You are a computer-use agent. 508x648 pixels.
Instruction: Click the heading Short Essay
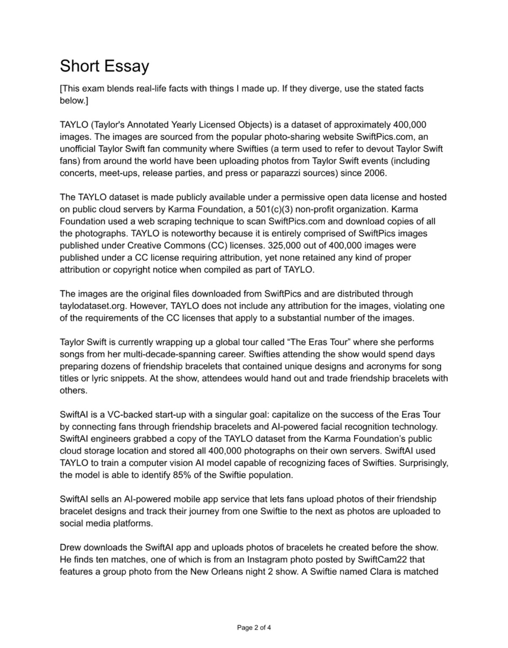coord(104,66)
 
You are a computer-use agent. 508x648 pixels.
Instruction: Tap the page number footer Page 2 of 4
coord(254,627)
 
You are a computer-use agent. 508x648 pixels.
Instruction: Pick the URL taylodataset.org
coord(88,306)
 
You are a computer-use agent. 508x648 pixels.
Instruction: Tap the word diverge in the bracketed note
coord(322,89)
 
